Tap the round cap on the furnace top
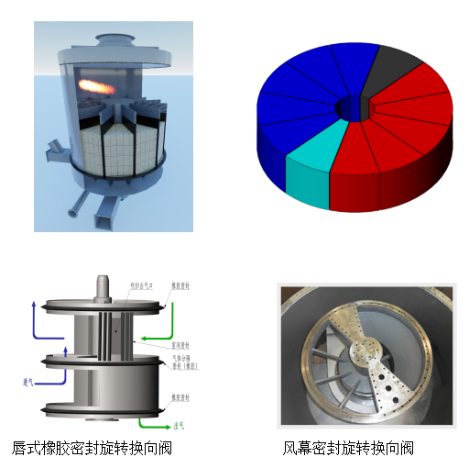115,39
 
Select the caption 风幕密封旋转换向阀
348,449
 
